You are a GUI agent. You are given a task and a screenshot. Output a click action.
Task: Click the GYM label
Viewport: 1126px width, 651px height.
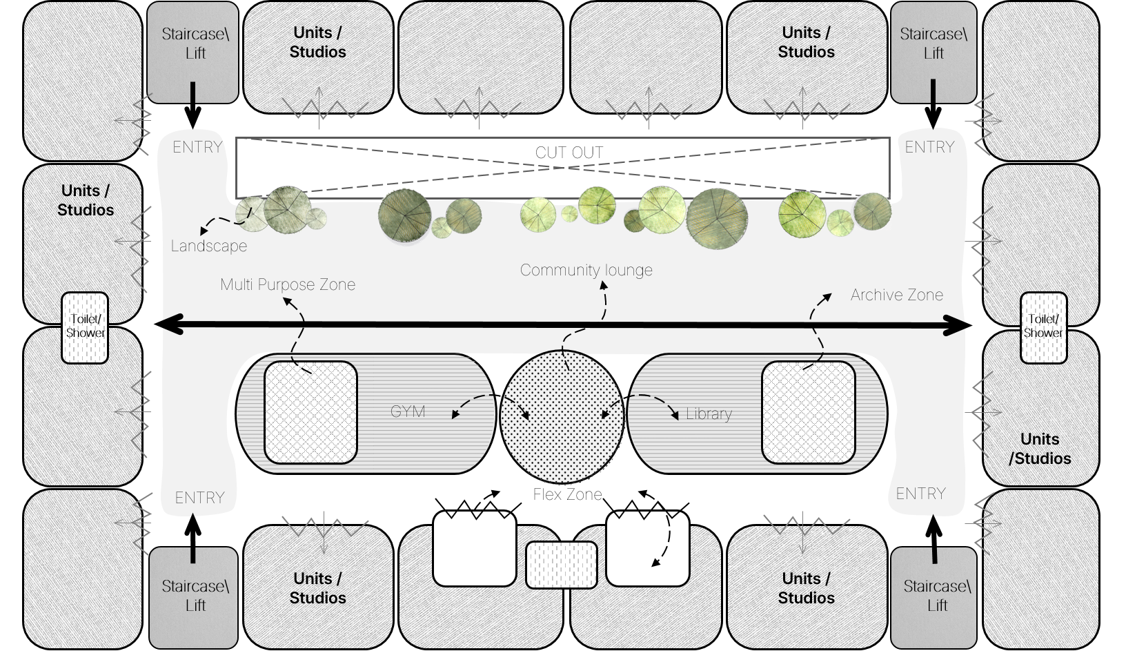408,412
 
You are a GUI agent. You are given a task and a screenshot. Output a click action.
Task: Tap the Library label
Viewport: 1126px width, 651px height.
709,414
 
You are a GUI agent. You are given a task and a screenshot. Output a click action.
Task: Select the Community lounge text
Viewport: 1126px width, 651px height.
586,270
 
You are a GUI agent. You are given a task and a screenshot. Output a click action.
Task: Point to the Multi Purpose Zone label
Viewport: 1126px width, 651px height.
288,284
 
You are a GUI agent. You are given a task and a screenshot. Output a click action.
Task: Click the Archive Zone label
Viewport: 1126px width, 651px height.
896,295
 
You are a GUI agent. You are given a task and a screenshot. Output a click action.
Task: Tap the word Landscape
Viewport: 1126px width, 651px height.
208,246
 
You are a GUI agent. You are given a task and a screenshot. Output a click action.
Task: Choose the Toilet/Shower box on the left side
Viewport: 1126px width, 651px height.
86,328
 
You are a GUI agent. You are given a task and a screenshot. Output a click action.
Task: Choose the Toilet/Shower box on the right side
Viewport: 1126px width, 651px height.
1043,327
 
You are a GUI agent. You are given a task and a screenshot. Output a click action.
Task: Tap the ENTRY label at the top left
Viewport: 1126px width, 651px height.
197,147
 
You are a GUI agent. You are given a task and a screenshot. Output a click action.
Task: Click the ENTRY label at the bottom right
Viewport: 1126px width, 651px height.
920,494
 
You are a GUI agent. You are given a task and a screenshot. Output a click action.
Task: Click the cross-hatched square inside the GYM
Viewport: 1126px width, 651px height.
310,412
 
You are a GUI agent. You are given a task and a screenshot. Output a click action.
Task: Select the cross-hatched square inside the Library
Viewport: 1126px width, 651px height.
808,412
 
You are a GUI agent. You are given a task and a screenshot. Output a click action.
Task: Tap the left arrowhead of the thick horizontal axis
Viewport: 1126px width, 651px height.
169,330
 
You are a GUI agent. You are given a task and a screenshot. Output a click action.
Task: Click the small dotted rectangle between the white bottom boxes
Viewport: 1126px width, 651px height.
562,565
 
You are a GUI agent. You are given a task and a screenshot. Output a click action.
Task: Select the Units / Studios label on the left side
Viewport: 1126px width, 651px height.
86,200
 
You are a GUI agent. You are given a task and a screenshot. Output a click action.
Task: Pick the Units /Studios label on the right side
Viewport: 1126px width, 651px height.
1040,449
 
